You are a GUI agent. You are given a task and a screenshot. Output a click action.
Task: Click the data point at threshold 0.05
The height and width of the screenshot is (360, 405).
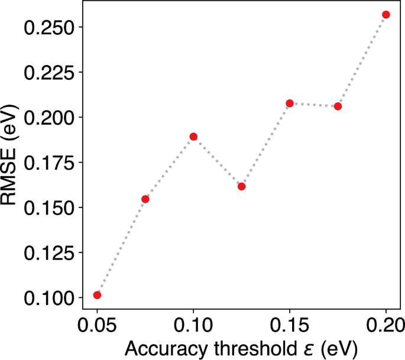tap(97, 295)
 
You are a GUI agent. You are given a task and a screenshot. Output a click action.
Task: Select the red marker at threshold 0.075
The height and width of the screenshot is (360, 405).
tap(145, 199)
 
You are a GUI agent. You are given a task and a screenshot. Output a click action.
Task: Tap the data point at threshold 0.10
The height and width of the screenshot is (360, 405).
tap(193, 137)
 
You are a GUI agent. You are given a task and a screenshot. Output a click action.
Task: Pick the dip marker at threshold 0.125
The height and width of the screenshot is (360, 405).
tap(241, 186)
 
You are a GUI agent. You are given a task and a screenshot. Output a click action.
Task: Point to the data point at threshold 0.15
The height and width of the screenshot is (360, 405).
tap(290, 103)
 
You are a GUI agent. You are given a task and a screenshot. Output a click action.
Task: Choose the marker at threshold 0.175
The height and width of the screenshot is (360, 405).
tap(338, 106)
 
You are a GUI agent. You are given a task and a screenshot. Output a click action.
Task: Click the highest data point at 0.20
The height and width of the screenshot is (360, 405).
tap(386, 14)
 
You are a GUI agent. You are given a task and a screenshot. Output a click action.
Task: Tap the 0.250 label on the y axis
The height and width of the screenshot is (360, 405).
tap(44, 28)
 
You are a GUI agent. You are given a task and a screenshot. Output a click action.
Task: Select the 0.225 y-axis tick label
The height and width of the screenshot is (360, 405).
tap(44, 73)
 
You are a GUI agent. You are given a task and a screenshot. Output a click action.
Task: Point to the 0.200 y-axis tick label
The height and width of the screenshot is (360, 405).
tap(44, 118)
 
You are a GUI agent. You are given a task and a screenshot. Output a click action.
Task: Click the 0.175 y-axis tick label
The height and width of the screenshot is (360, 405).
tap(44, 163)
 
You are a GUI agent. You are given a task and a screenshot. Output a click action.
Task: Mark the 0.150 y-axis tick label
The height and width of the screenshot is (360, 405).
tap(44, 208)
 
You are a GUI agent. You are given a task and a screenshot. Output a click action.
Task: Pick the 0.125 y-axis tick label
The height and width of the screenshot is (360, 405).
tap(44, 253)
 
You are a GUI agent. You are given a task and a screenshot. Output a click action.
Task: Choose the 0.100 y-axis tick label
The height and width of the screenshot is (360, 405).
tap(44, 298)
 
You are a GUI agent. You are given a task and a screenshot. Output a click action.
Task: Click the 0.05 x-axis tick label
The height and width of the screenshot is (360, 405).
tap(97, 324)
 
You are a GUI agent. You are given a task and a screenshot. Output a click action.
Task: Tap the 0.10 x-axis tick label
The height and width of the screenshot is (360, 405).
tap(193, 324)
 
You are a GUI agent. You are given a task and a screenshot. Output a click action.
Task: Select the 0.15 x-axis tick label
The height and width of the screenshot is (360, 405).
tap(290, 324)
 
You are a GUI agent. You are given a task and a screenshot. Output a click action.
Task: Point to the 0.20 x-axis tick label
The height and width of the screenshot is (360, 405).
tap(386, 324)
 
